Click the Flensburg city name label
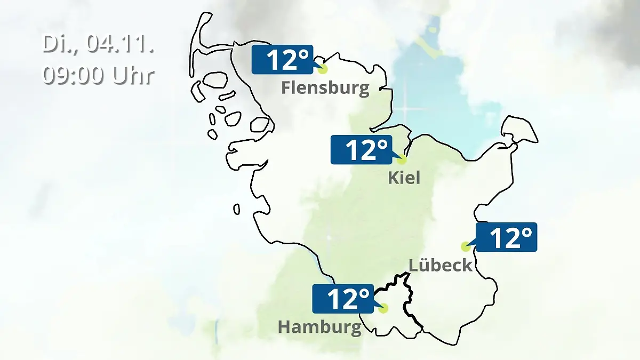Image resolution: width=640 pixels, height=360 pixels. (x=325, y=88)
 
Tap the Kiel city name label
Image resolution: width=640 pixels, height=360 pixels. (x=404, y=178)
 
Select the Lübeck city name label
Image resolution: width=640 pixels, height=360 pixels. (x=441, y=265)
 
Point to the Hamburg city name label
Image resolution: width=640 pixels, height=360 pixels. (x=319, y=327)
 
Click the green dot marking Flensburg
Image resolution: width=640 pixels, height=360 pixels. (x=322, y=69)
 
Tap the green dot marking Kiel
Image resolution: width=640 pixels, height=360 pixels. (x=402, y=159)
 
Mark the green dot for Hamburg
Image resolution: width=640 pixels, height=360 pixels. (x=383, y=308)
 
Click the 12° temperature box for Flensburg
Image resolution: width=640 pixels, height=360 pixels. (x=282, y=59)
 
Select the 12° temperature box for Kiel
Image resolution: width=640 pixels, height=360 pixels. (x=361, y=149)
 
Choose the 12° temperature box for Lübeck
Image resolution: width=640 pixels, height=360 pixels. (x=507, y=237)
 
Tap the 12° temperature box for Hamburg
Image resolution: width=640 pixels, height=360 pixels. (x=342, y=299)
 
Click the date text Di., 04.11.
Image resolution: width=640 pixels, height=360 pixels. (x=99, y=44)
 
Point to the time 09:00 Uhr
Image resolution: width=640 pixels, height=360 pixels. (x=99, y=76)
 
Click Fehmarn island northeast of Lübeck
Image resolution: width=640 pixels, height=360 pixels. (x=519, y=130)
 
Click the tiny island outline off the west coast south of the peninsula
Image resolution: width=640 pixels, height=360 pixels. (x=236, y=209)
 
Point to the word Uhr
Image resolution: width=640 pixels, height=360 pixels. (x=133, y=76)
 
